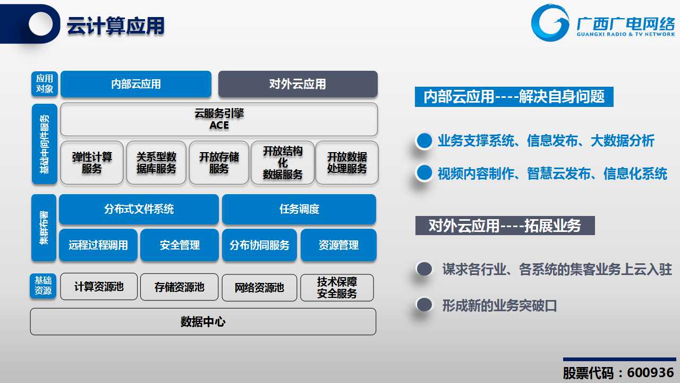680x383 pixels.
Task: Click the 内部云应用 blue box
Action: point(136,84)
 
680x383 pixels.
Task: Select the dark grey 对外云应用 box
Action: point(298,84)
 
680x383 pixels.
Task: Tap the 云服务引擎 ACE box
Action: point(219,119)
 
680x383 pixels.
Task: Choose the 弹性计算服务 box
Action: point(92,163)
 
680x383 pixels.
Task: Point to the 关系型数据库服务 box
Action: point(156,163)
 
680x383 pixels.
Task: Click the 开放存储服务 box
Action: point(219,163)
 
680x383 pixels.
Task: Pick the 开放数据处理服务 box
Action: point(347,163)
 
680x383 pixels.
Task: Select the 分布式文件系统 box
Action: point(139,209)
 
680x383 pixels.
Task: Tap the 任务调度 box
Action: point(299,209)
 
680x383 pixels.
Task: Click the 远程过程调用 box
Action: point(98,245)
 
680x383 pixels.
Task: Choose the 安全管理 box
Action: point(180,245)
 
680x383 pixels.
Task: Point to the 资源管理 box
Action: point(338,245)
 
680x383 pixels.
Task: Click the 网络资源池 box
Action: point(259,288)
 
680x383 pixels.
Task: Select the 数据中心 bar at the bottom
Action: point(203,322)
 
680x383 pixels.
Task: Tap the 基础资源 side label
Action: point(43,286)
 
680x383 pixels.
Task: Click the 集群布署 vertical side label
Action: point(44,227)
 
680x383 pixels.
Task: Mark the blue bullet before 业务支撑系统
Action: point(424,141)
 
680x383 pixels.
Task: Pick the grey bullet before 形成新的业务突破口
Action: point(424,305)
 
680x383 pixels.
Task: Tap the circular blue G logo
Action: point(550,23)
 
